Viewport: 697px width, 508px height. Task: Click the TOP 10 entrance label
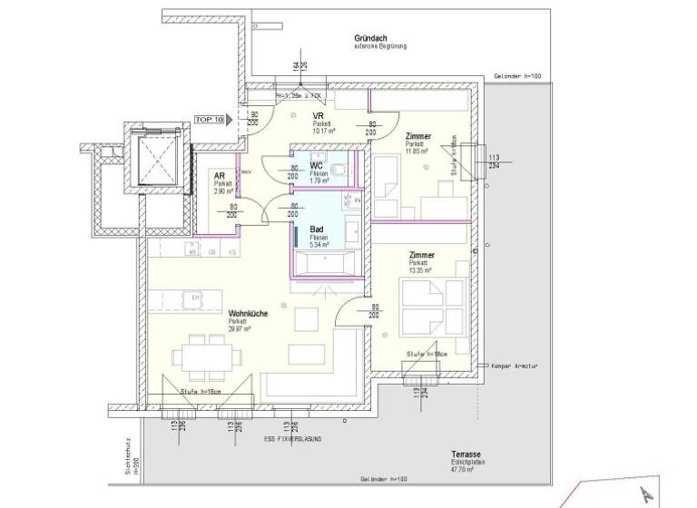coord(209,119)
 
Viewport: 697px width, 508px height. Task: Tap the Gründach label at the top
coord(373,37)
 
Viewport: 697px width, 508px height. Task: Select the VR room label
coord(319,116)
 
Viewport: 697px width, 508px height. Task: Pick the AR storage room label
coord(219,176)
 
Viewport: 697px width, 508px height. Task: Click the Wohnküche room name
coord(248,313)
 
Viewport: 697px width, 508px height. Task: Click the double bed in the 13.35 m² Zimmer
coord(425,299)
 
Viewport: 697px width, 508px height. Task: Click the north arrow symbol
coord(646,494)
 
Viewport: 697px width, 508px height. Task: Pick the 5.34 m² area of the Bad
coord(319,245)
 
